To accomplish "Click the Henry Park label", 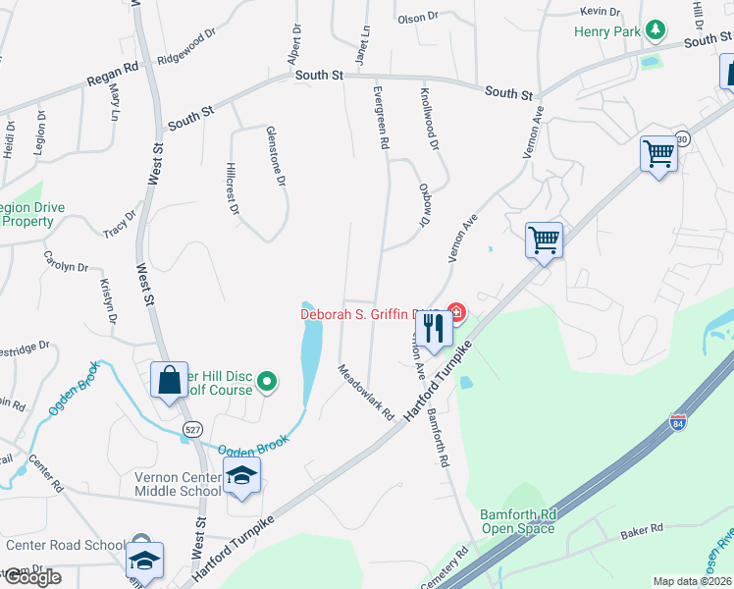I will tap(606, 31).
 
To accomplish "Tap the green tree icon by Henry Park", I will tap(655, 31).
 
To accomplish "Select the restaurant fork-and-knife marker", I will tap(434, 327).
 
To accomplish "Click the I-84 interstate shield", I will tap(677, 422).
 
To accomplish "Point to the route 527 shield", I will tap(192, 428).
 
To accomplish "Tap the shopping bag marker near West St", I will tap(169, 380).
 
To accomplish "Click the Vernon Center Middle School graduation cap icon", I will tap(241, 476).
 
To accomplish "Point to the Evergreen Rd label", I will tap(381, 116).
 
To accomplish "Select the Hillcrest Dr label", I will tap(233, 187).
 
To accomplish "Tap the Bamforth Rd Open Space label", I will tap(517, 521).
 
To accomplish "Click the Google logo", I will tap(32, 577).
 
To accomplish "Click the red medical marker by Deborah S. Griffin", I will tap(457, 313).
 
